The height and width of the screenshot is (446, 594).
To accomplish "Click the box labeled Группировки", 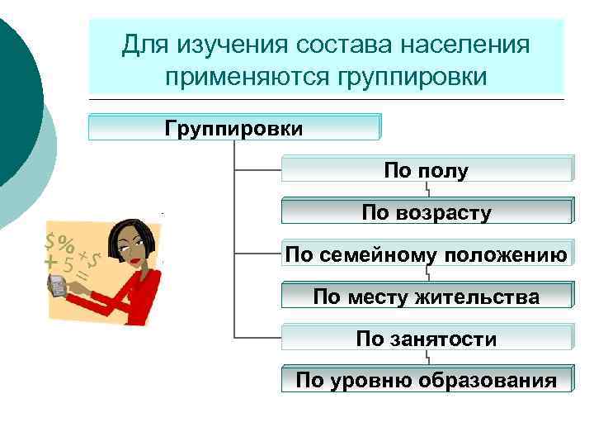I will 234,128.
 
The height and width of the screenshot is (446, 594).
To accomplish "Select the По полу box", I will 426,170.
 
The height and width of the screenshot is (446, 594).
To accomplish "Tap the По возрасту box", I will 426,212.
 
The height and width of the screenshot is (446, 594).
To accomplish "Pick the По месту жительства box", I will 426,297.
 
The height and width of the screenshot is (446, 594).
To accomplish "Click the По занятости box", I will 426,339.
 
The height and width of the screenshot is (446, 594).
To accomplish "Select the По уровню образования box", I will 426,380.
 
